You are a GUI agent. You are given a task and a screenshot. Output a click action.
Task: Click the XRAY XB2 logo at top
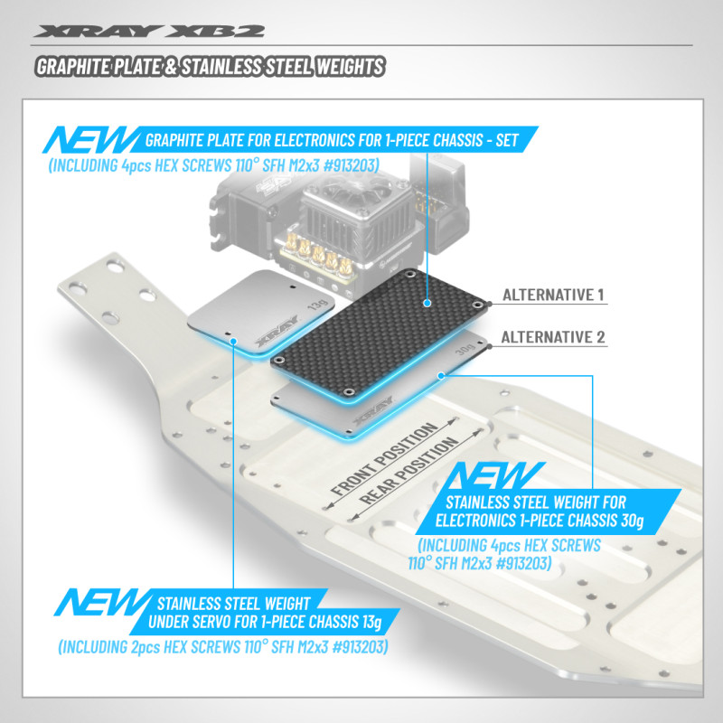point(149,31)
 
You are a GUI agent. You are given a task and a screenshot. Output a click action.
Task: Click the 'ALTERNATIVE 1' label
point(552,295)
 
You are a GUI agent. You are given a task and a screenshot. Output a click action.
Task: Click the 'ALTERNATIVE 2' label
point(552,337)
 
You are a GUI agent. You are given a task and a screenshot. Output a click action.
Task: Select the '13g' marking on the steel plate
point(317,307)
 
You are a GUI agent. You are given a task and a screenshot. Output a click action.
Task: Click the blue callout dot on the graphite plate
point(426,305)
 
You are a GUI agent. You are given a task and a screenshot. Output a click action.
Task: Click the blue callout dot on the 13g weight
point(234,342)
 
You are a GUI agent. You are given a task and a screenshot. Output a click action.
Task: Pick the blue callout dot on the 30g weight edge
point(441,373)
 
